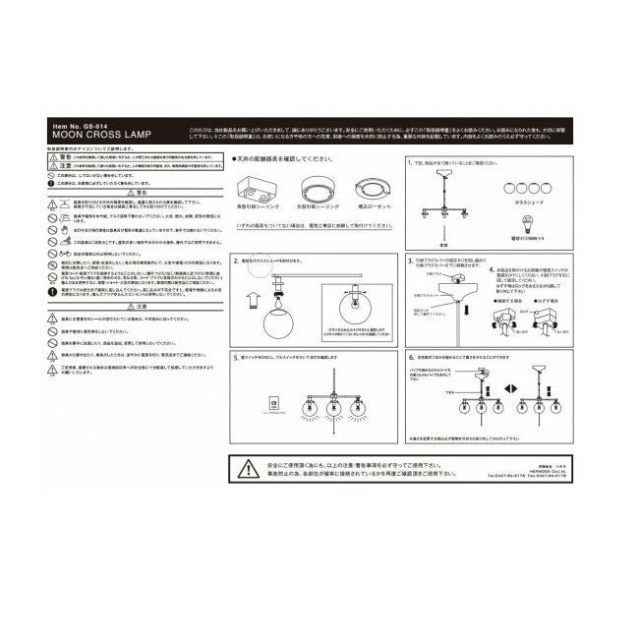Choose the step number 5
235,356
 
